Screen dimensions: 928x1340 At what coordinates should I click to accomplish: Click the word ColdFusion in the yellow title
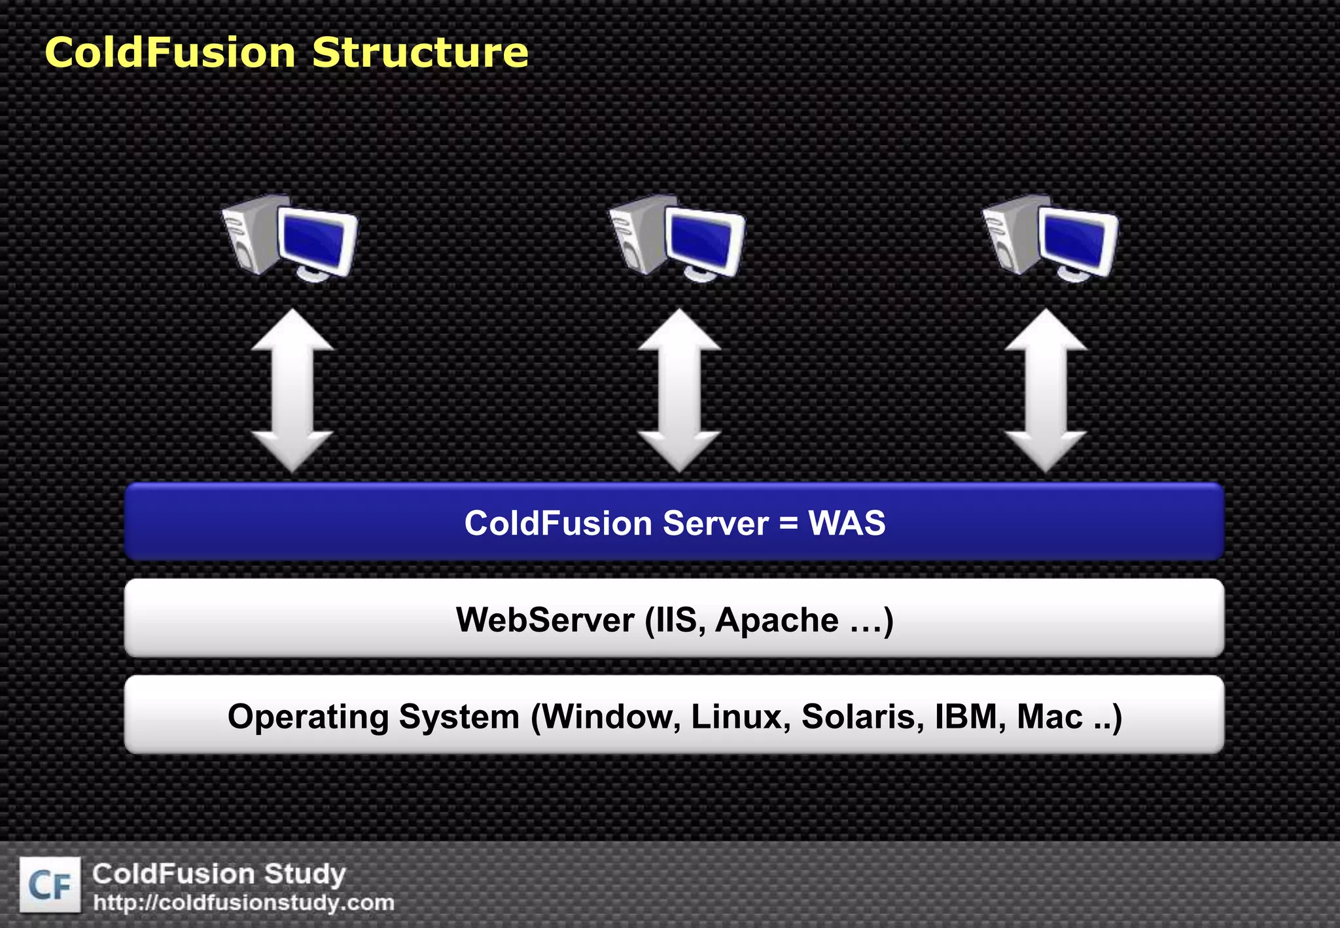click(170, 52)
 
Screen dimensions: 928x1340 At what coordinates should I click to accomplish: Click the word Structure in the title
click(420, 52)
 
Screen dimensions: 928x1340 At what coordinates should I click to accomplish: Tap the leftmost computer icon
click(290, 237)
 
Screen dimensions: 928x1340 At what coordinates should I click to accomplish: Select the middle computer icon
click(677, 237)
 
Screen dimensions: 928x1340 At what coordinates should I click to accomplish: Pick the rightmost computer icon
click(1051, 237)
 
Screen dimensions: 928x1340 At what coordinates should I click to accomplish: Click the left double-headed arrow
click(292, 391)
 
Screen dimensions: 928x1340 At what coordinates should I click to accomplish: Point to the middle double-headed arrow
click(679, 391)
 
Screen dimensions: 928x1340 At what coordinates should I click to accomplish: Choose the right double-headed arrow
click(1046, 391)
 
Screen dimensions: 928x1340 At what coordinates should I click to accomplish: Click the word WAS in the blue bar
click(847, 523)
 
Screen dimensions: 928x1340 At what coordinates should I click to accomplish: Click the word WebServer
click(545, 620)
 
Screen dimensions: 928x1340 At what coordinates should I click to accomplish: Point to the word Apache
click(777, 620)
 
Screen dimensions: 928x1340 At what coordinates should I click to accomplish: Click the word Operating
click(308, 717)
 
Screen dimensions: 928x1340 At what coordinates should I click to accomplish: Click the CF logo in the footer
click(50, 885)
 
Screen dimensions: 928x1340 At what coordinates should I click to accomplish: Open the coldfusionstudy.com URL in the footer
click(243, 903)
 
